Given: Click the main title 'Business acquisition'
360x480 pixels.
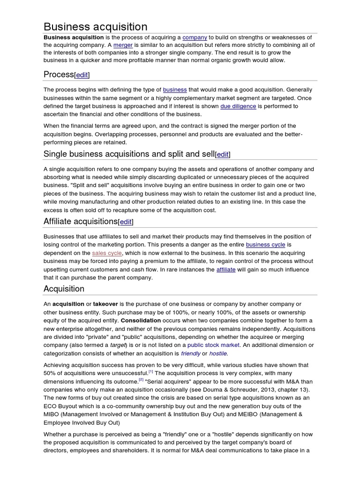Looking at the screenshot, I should click(x=96, y=27).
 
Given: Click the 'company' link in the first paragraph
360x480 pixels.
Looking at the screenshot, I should click(x=195, y=37).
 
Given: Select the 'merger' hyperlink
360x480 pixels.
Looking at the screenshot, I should click(x=124, y=45).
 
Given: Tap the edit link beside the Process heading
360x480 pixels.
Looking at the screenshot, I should click(x=82, y=75).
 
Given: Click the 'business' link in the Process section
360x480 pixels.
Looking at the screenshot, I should click(x=175, y=90).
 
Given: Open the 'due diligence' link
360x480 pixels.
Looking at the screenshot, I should click(x=238, y=106).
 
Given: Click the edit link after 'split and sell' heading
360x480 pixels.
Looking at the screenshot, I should click(x=223, y=155).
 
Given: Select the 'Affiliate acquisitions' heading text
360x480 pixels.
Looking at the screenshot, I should click(x=80, y=221).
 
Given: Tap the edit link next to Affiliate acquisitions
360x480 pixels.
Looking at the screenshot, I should click(x=126, y=222).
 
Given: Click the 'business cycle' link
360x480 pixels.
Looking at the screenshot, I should click(x=265, y=245).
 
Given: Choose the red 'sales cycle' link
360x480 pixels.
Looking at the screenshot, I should click(x=107, y=253).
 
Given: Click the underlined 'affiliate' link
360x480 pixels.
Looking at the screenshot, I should click(x=226, y=270).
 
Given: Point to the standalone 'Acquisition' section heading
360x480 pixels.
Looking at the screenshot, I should click(x=64, y=289).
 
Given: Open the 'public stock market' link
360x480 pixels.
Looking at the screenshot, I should click(x=213, y=345).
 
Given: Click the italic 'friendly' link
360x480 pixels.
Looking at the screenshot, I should click(x=191, y=353).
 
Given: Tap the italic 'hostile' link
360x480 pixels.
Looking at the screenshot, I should click(x=218, y=353).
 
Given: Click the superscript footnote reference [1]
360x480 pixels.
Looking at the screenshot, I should click(x=151, y=371).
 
